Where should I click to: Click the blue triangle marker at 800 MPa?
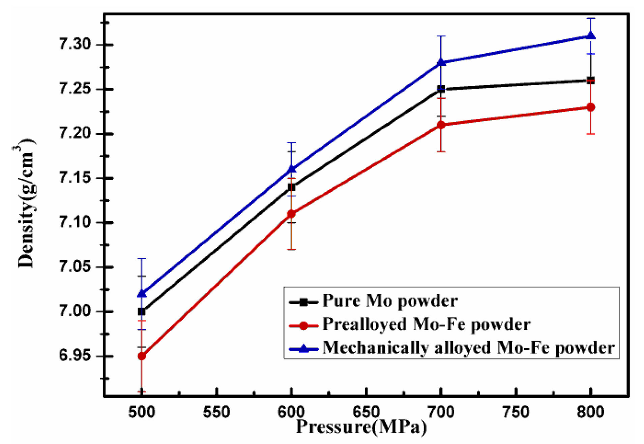(590, 36)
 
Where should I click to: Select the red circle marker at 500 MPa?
(142, 356)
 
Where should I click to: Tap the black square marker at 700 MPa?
(441, 89)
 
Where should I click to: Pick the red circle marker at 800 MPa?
(590, 107)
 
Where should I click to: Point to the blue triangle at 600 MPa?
(291, 169)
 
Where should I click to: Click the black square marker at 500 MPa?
(142, 312)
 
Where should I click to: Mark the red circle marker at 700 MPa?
(441, 125)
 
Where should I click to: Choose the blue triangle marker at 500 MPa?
(142, 293)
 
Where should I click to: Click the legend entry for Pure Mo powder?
(390, 301)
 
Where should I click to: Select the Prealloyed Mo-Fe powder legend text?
(426, 324)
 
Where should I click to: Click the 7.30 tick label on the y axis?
(75, 44)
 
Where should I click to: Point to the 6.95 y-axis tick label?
(75, 356)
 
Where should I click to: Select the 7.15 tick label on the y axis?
(75, 178)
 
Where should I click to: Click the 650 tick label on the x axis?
(366, 412)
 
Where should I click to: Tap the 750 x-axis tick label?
(516, 412)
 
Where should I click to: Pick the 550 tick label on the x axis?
(216, 412)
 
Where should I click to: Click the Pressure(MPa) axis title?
(361, 427)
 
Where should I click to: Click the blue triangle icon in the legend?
(303, 348)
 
